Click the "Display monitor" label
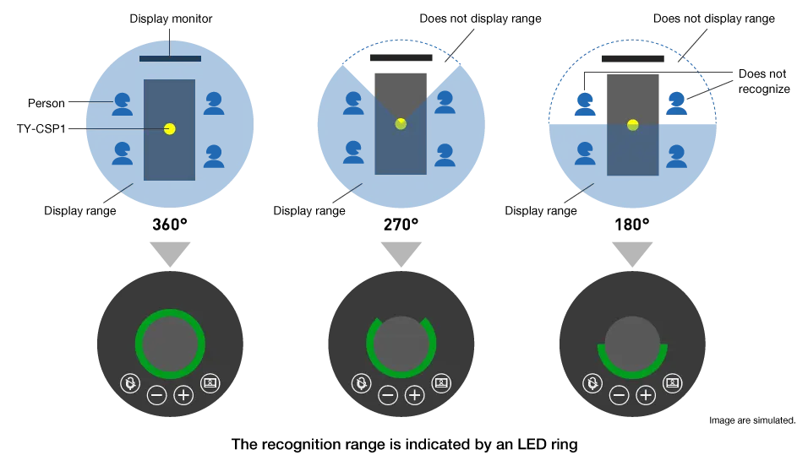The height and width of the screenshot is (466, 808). [x=171, y=19]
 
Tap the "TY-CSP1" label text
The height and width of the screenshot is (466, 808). [x=41, y=128]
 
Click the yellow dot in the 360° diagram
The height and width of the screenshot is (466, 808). [x=170, y=128]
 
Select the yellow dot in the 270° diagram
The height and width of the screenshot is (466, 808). [x=401, y=123]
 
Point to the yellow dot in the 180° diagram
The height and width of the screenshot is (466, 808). [x=633, y=125]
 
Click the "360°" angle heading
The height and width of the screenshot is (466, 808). [x=170, y=225]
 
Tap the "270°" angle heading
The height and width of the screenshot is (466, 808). [x=401, y=225]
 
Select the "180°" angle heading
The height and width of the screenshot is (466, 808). [x=631, y=225]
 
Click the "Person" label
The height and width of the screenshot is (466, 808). [x=46, y=103]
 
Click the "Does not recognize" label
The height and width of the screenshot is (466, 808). [x=764, y=81]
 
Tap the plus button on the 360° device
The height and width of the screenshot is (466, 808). [x=183, y=395]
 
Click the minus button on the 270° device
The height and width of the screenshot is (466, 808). [x=388, y=395]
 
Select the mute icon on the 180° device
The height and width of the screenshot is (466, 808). [x=592, y=383]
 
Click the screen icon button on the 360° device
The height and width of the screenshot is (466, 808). [x=210, y=383]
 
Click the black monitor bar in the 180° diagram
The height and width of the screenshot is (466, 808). [x=633, y=58]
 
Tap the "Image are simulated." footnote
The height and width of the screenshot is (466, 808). [x=752, y=420]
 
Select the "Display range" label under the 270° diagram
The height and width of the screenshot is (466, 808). [x=309, y=210]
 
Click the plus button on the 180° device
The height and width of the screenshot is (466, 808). [x=646, y=395]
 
